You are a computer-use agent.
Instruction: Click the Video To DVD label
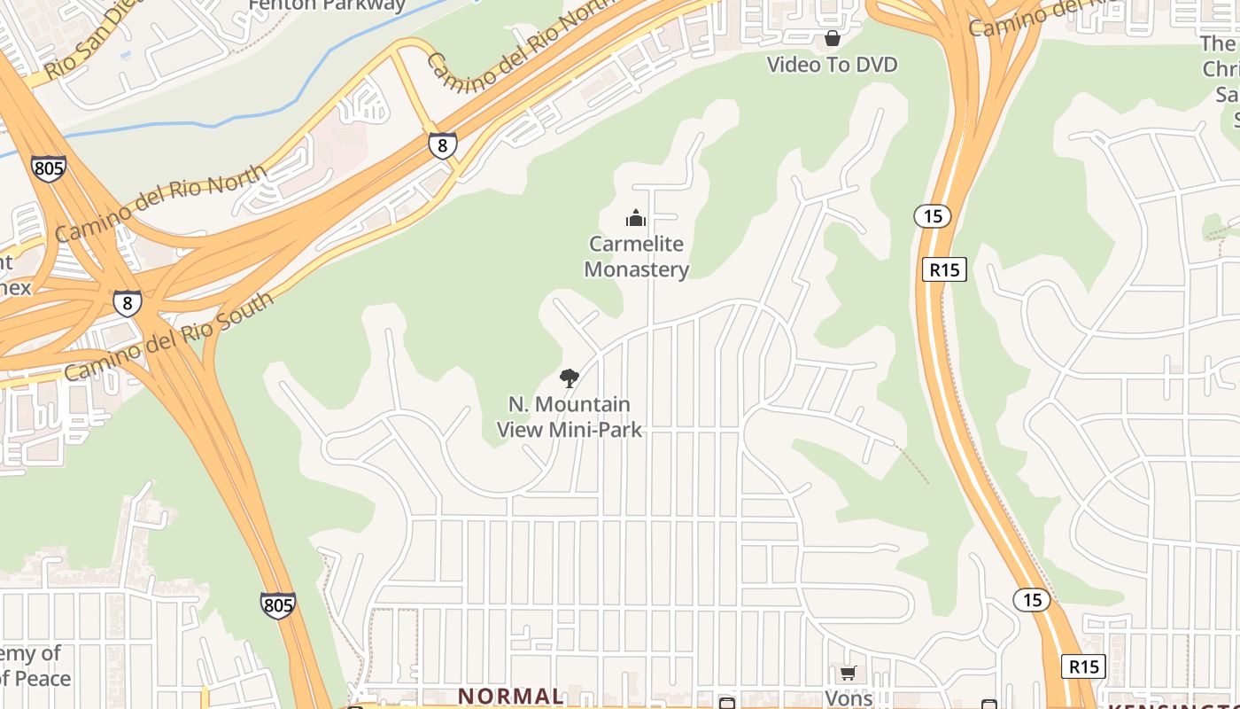click(832, 65)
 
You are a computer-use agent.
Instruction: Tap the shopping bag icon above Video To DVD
click(832, 38)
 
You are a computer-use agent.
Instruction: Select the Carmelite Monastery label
click(636, 256)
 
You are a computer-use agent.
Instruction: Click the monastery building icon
click(635, 218)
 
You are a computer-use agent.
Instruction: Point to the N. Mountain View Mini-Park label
click(570, 417)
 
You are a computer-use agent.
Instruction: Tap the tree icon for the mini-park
click(570, 378)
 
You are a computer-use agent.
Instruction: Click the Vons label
click(849, 698)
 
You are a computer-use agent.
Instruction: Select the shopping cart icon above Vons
click(848, 674)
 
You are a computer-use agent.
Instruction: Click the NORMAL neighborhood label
click(511, 697)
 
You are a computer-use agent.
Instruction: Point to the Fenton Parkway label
click(327, 5)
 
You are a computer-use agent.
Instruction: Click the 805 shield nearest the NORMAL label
click(278, 605)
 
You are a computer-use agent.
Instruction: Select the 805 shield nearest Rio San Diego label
click(48, 168)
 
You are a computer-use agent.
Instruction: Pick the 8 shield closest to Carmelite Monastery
click(443, 145)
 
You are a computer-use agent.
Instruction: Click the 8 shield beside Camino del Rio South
click(128, 304)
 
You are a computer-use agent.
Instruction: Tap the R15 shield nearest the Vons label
click(1083, 666)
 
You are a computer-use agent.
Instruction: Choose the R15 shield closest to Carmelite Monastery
click(944, 269)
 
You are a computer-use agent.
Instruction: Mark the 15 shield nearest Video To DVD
click(932, 215)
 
